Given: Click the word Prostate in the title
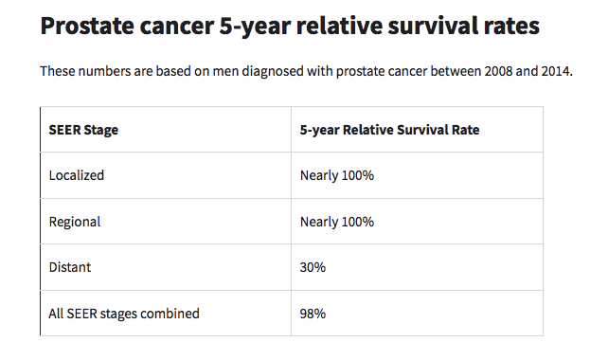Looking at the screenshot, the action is pyautogui.click(x=87, y=26).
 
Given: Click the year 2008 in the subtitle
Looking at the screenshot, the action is pyautogui.click(x=498, y=71).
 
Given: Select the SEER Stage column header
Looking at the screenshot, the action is pyautogui.click(x=83, y=130).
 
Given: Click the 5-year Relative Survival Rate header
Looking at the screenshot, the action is pyautogui.click(x=389, y=130).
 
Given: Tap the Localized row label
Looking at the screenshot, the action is pyautogui.click(x=77, y=175).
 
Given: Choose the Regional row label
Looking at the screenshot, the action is pyautogui.click(x=75, y=222).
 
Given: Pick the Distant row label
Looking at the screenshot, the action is pyautogui.click(x=70, y=267).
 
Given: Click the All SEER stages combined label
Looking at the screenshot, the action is pyautogui.click(x=124, y=314).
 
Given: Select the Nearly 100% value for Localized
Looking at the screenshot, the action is pyautogui.click(x=337, y=175).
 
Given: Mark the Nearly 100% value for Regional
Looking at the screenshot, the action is pyautogui.click(x=337, y=222).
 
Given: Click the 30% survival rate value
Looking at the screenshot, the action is pyautogui.click(x=313, y=267).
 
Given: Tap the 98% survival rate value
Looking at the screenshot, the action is pyautogui.click(x=313, y=314).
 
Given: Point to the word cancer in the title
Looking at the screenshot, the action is pyautogui.click(x=177, y=27).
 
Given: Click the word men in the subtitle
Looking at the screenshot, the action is pyautogui.click(x=225, y=72).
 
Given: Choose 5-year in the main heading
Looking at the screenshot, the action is pyautogui.click(x=255, y=27).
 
